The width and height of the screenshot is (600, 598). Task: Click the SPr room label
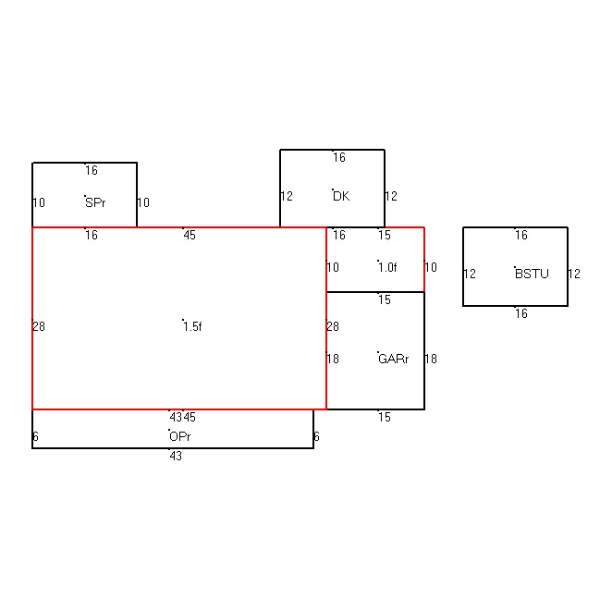[95, 202]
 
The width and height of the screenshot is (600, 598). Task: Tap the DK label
[341, 196]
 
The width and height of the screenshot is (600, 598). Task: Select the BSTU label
[532, 274]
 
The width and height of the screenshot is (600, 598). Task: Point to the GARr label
[393, 359]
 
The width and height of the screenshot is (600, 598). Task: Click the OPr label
[180, 436]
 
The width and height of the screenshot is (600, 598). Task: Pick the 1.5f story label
[192, 326]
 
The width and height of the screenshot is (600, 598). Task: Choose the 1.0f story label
[387, 267]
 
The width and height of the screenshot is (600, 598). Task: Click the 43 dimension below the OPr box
[176, 456]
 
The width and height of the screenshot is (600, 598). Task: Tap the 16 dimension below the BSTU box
[521, 313]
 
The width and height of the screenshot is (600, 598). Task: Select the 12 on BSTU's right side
[574, 274]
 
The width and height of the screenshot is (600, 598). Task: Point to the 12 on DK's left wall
[287, 196]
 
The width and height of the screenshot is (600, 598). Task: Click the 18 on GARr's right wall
[431, 359]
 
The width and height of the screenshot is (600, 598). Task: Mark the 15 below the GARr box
[385, 417]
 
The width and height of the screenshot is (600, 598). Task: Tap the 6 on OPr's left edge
[35, 436]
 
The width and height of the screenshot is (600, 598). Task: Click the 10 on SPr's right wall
[143, 202]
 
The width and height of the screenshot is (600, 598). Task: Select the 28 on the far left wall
[39, 326]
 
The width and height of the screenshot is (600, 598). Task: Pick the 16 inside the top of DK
[339, 157]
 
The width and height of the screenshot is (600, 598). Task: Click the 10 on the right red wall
[431, 267]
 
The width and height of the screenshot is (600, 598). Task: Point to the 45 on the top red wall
[190, 235]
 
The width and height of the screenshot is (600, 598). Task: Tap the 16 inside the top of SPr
[92, 170]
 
